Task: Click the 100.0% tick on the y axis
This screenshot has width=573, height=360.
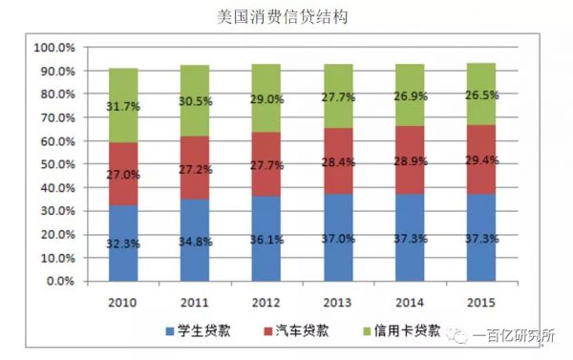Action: point(53,48)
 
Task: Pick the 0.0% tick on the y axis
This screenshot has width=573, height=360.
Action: point(59,282)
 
